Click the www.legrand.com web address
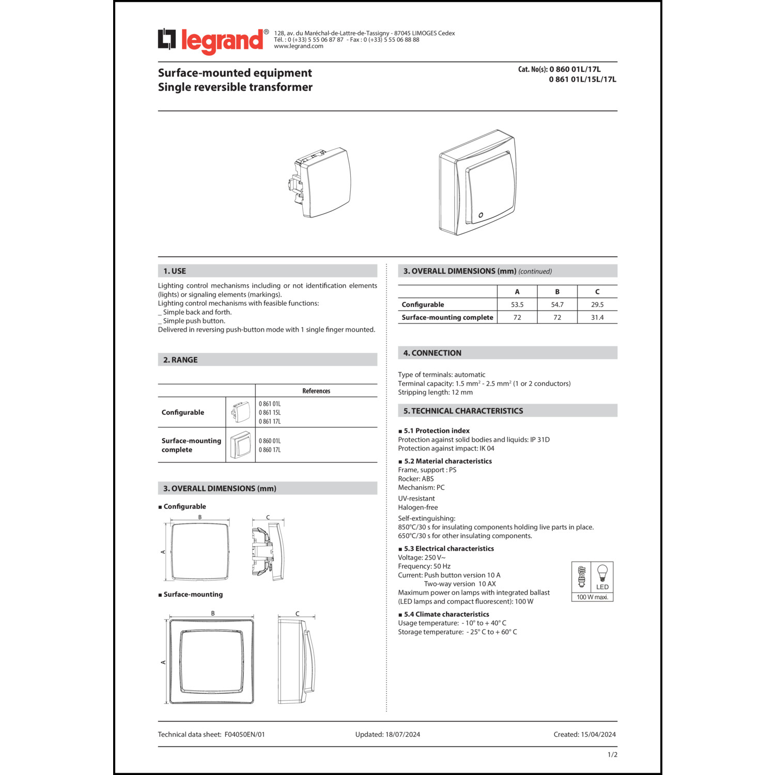point(299,47)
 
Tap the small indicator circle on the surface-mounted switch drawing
point(481,215)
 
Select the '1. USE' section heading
point(175,271)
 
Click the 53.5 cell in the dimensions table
point(517,305)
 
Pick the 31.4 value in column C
point(597,318)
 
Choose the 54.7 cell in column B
point(557,305)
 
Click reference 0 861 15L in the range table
point(270,413)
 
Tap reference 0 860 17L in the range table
point(270,450)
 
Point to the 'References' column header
point(316,391)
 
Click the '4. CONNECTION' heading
point(432,353)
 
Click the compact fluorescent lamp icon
point(582,577)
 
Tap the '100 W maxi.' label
point(592,597)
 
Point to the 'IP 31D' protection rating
point(540,440)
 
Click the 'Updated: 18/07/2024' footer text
point(388,735)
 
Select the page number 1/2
point(612,755)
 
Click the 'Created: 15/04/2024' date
point(585,735)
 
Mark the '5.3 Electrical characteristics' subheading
point(448,549)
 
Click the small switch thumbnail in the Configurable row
point(241,412)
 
